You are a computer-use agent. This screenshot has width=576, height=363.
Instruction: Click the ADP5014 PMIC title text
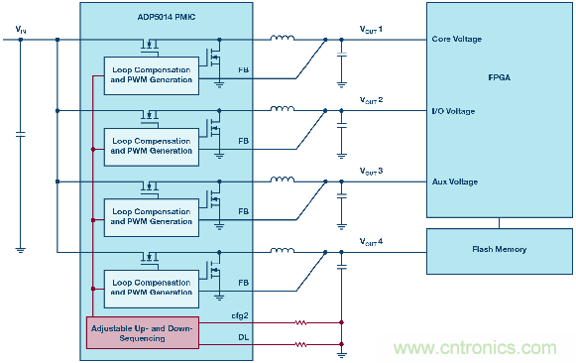pyautogui.click(x=167, y=17)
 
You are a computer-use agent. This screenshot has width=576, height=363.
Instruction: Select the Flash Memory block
pyautogui.click(x=500, y=251)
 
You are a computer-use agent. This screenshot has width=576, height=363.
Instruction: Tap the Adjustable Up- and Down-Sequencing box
pyautogui.click(x=143, y=333)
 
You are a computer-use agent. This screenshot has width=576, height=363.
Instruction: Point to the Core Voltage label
pyautogui.click(x=457, y=39)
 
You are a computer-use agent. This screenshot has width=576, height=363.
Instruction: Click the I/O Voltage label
pyautogui.click(x=453, y=111)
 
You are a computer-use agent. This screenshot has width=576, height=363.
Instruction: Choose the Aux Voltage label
pyautogui.click(x=455, y=181)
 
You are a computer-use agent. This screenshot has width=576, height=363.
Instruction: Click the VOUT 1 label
pyautogui.click(x=371, y=30)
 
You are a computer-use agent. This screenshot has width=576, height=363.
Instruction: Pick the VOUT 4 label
pyautogui.click(x=371, y=242)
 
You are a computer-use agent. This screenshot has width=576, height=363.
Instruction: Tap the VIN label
pyautogui.click(x=21, y=30)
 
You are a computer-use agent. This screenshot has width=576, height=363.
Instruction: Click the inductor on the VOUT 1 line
pyautogui.click(x=283, y=38)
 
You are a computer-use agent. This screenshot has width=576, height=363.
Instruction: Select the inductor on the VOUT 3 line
pyautogui.click(x=283, y=180)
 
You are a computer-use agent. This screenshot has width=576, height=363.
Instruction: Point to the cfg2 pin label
pyautogui.click(x=240, y=315)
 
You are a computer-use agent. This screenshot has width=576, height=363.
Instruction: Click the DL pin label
pyautogui.click(x=243, y=337)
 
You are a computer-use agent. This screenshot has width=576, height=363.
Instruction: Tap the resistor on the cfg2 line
pyautogui.click(x=300, y=322)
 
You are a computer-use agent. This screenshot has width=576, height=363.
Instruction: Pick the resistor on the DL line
pyautogui.click(x=300, y=344)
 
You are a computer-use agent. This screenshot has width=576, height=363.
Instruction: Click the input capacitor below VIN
pyautogui.click(x=21, y=135)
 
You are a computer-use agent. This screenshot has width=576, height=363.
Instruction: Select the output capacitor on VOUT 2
pyautogui.click(x=342, y=126)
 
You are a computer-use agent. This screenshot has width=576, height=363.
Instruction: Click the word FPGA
pyautogui.click(x=500, y=77)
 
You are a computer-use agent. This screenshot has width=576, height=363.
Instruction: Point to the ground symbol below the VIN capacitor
pyautogui.click(x=21, y=250)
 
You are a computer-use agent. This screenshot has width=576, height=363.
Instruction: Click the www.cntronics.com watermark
pyautogui.click(x=475, y=347)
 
